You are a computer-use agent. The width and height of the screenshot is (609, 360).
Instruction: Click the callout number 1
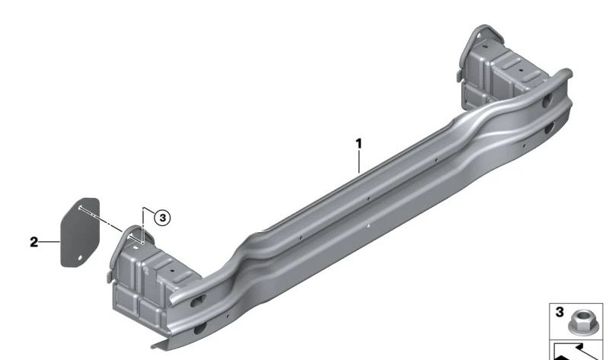pos(359,142)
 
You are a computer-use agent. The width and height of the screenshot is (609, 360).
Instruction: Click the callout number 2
pos(33,242)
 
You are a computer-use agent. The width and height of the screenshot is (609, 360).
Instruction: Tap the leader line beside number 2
pos(49,242)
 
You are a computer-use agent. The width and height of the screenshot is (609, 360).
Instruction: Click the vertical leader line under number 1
pos(359,164)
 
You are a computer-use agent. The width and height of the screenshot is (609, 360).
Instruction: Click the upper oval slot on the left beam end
pos(196,301)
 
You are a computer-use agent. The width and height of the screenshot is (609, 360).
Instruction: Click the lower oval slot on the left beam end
pos(199,329)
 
